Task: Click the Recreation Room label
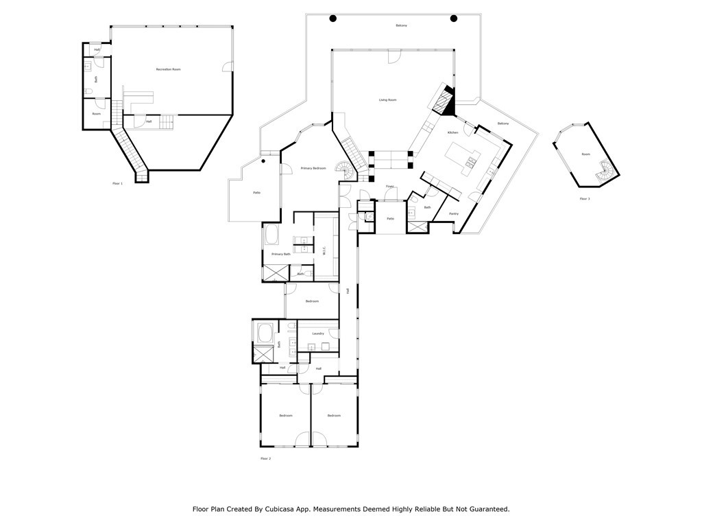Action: (x=168, y=69)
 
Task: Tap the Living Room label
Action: (x=387, y=100)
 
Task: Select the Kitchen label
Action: (x=452, y=132)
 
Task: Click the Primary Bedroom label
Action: (x=313, y=168)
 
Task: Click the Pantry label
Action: (x=453, y=213)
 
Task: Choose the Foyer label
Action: (x=389, y=187)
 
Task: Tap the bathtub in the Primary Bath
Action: (x=271, y=236)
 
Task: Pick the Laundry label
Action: (x=318, y=333)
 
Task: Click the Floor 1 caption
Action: (x=117, y=184)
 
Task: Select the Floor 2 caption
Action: (x=265, y=458)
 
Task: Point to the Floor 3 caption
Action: (x=584, y=198)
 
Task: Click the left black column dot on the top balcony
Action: (x=332, y=19)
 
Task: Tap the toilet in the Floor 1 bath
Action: (x=89, y=91)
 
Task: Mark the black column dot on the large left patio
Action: (x=263, y=162)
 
